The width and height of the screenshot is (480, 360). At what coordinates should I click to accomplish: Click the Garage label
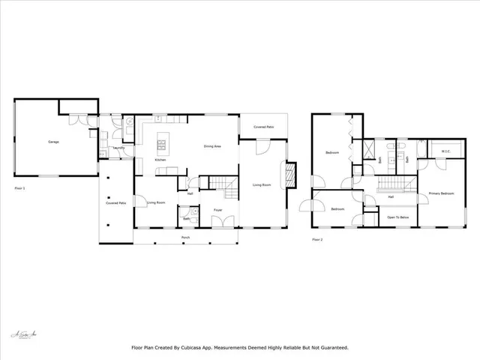[x=53, y=142]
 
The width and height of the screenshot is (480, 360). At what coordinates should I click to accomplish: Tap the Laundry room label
[x=118, y=148]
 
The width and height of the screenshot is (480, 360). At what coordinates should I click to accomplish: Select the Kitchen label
[x=160, y=160]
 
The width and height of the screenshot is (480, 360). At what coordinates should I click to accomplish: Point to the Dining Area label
[x=212, y=146]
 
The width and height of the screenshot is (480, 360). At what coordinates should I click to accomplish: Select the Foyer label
[x=217, y=210]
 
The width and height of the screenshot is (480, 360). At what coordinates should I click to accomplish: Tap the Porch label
[x=184, y=238]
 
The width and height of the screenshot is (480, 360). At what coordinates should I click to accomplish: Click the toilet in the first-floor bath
[x=193, y=213]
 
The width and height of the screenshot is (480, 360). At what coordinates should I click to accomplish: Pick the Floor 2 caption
[x=317, y=240]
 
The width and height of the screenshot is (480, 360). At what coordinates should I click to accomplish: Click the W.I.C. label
[x=445, y=151]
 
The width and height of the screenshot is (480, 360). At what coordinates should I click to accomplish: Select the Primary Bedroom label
[x=442, y=193]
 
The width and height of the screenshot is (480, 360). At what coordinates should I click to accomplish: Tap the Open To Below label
[x=397, y=217]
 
